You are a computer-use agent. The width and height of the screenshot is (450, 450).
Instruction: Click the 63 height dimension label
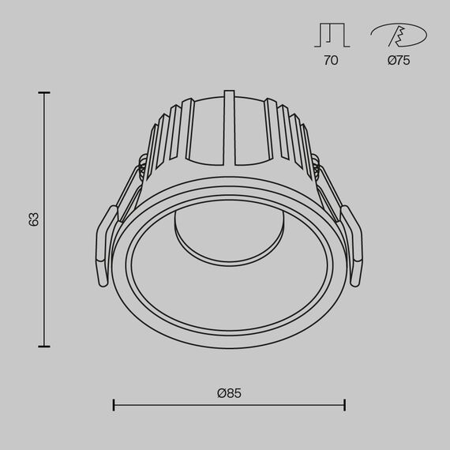pos(33,219)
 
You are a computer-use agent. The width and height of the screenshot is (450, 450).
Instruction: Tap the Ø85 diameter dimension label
pos(228,392)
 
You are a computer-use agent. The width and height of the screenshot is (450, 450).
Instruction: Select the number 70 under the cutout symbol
pos(330,61)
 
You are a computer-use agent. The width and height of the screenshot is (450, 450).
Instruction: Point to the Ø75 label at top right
pos(398,61)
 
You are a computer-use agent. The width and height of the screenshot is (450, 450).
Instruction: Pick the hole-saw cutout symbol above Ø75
pos(398,35)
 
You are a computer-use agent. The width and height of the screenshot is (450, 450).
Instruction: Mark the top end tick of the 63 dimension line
pos(43,93)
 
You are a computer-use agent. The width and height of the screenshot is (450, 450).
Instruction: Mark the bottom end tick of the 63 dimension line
pos(43,346)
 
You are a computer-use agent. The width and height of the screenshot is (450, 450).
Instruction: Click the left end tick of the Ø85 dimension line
pos(114,405)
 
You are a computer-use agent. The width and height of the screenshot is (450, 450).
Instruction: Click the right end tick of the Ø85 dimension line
pos(344,405)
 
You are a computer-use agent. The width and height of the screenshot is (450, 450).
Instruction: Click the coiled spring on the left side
pos(143,165)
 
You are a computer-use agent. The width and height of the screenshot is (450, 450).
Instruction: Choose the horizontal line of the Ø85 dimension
pos(229,405)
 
